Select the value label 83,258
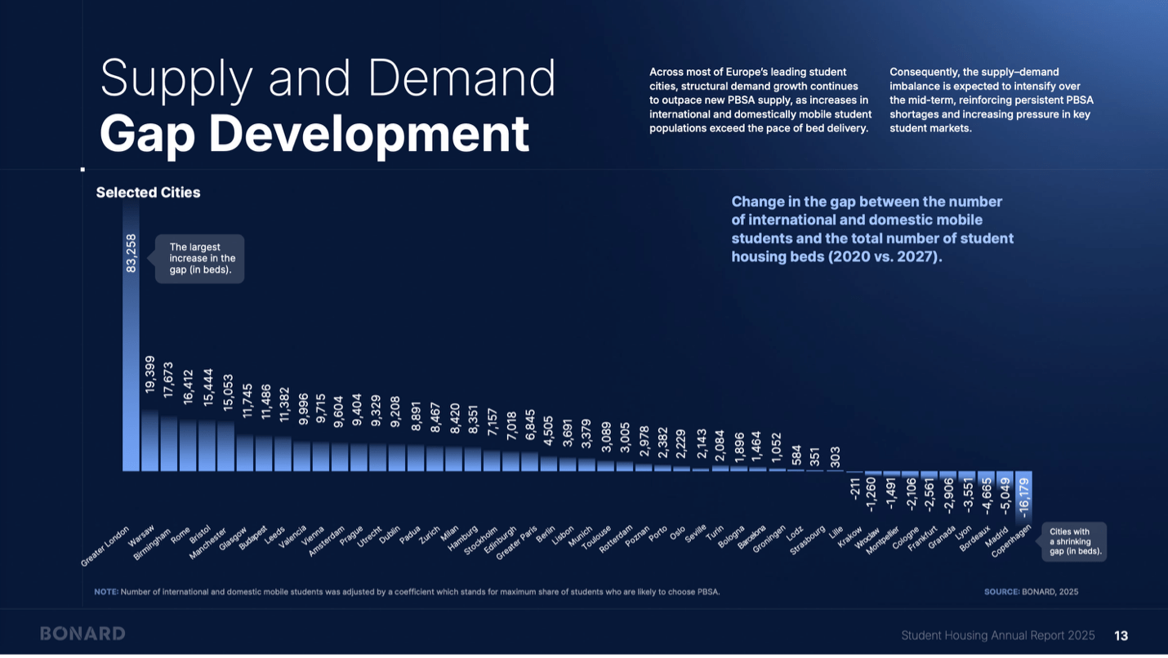[x=131, y=253]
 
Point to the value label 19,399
[x=149, y=374]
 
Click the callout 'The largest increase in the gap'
[x=200, y=259]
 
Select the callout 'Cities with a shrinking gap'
[x=1075, y=542]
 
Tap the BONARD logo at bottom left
[x=82, y=634]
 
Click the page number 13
[x=1121, y=635]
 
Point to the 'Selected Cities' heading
[x=148, y=193]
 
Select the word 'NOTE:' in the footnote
[x=106, y=592]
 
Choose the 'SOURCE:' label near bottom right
[x=1001, y=592]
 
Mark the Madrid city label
[x=997, y=537]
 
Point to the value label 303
[x=834, y=456]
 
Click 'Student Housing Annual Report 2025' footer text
[x=997, y=635]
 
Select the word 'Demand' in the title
[x=461, y=79]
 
